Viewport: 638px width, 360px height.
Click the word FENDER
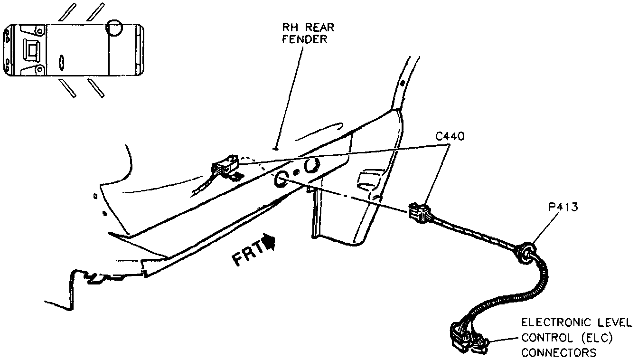click(x=305, y=39)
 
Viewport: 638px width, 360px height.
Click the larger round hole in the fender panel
click(x=312, y=166)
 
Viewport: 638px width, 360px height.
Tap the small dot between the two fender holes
click(x=295, y=171)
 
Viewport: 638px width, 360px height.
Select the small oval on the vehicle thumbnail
click(x=61, y=62)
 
